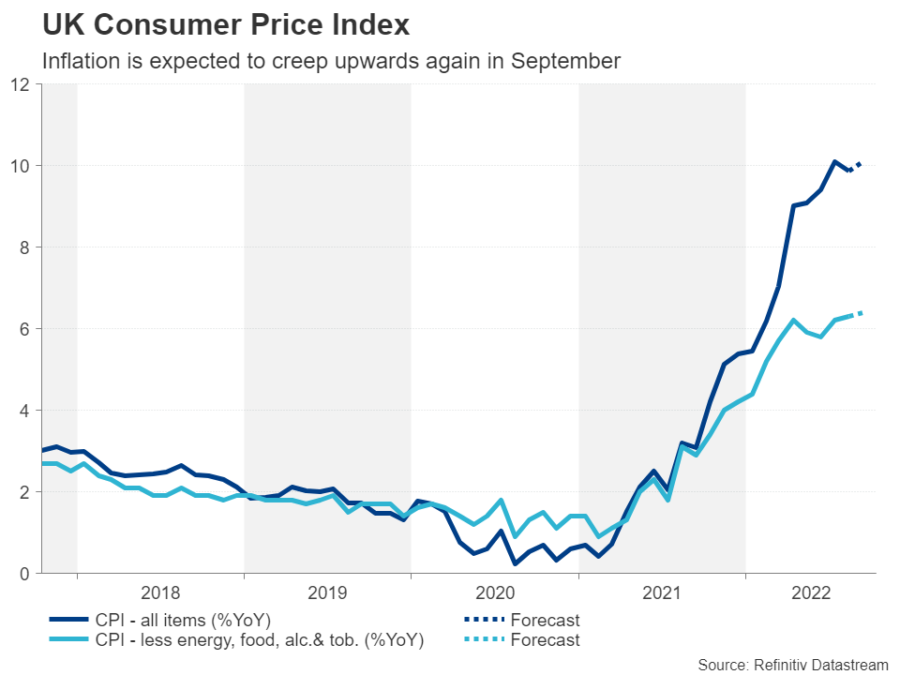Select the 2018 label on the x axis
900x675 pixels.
pyautogui.click(x=160, y=592)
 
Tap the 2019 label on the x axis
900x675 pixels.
pyautogui.click(x=327, y=592)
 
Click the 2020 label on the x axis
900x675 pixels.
pyautogui.click(x=494, y=592)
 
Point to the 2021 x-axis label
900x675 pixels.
pyautogui.click(x=661, y=592)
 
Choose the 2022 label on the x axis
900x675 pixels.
pyautogui.click(x=811, y=592)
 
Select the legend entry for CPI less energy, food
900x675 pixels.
pyautogui.click(x=259, y=641)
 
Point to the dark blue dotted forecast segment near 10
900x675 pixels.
pyautogui.click(x=856, y=167)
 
